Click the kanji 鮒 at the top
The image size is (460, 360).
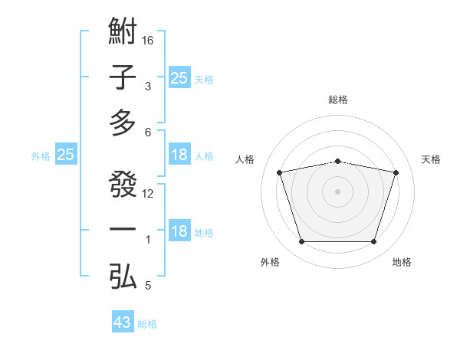[123, 34]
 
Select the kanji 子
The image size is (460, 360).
[123, 77]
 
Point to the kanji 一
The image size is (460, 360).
[123, 231]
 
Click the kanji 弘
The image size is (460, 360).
[123, 276]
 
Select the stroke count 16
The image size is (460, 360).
[149, 40]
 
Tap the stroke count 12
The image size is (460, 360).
[149, 194]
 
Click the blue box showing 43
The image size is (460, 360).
[123, 322]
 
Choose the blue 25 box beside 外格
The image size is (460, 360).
[66, 155]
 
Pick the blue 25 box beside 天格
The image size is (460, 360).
[179, 77]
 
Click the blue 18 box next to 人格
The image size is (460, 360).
[179, 155]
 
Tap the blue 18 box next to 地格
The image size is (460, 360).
[179, 231]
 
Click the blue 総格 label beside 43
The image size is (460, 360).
[147, 324]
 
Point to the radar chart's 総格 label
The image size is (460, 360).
[337, 100]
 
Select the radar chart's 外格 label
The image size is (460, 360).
[270, 262]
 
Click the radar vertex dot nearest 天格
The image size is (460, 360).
[396, 173]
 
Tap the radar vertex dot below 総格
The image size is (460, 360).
[337, 161]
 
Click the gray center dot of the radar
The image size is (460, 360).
[337, 191]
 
